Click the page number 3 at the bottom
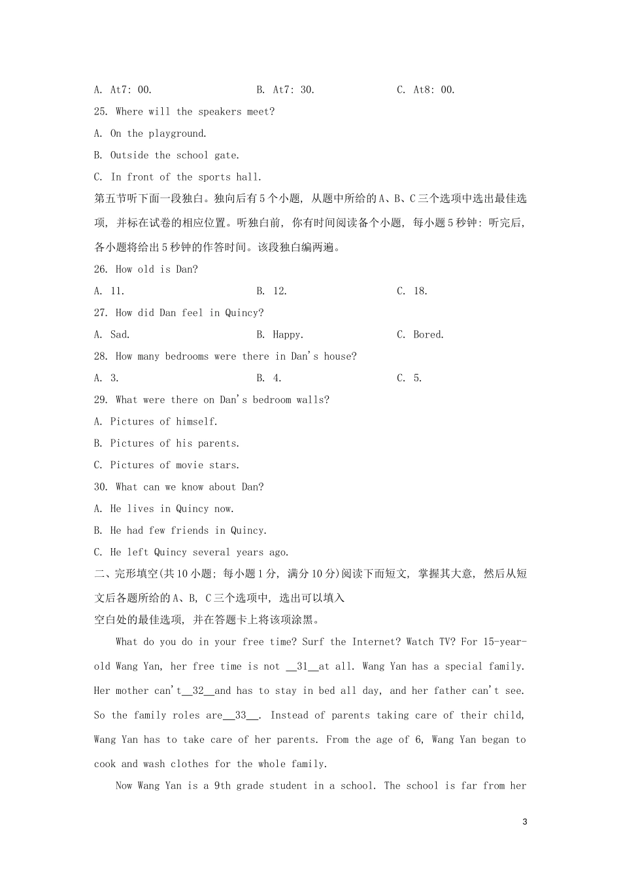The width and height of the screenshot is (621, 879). (x=525, y=822)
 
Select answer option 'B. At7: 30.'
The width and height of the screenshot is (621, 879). (x=286, y=90)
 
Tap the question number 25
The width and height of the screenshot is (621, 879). (x=101, y=112)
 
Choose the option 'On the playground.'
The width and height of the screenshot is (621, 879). (x=158, y=133)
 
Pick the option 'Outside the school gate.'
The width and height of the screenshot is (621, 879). (x=175, y=155)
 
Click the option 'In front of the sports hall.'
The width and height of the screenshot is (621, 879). (x=186, y=177)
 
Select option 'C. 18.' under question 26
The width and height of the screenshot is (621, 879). (x=412, y=291)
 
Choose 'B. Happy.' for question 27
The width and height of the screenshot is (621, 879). (x=280, y=334)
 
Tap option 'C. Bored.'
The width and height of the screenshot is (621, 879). (x=420, y=334)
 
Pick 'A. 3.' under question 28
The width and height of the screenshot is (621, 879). (x=107, y=378)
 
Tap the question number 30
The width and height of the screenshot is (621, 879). (x=101, y=487)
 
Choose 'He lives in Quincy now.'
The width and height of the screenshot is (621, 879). (x=172, y=509)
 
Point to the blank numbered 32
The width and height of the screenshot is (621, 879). (x=198, y=691)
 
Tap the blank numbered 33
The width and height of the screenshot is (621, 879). (x=241, y=715)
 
